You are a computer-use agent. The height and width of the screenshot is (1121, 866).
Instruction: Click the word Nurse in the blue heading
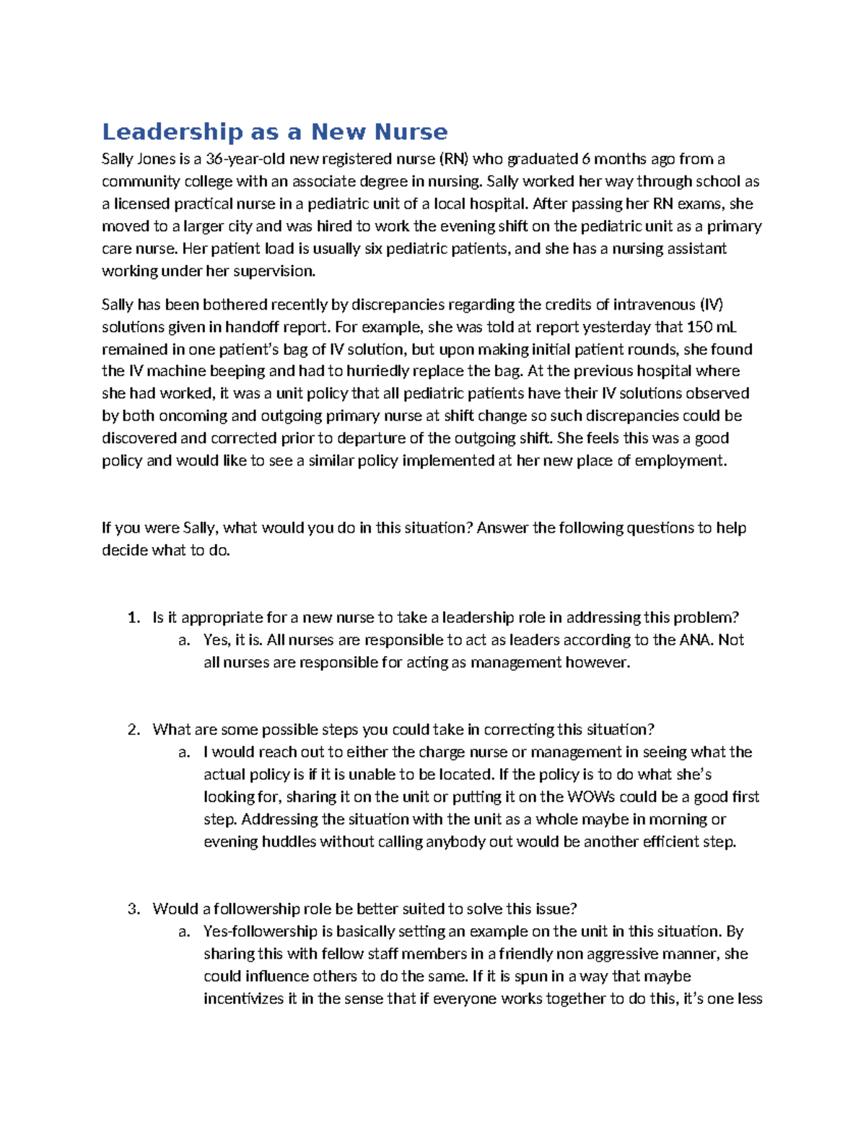point(411,132)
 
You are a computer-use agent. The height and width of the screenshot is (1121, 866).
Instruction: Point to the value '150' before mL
point(699,327)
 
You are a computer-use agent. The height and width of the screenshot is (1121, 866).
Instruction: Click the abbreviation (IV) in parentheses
point(712,305)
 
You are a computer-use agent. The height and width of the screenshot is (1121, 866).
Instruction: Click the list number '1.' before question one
point(133,618)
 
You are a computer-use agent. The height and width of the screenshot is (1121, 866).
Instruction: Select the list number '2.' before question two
point(133,730)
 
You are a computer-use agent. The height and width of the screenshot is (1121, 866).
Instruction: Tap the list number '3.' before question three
point(133,909)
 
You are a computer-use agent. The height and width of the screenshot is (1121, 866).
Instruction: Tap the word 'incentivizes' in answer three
point(244,999)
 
